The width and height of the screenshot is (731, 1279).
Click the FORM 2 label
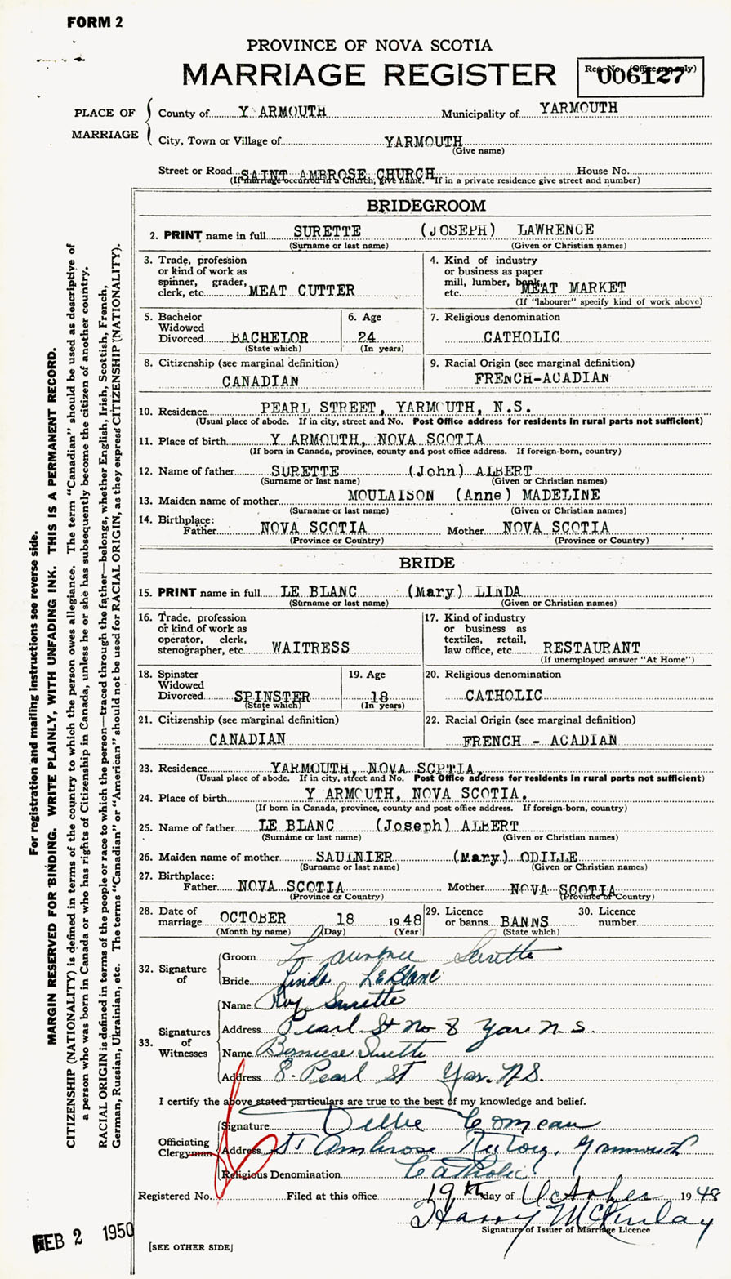[x=95, y=22]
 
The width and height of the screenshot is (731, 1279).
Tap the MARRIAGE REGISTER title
[x=368, y=74]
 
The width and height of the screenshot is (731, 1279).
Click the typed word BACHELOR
[x=270, y=336]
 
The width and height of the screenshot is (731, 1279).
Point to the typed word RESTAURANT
[x=591, y=646]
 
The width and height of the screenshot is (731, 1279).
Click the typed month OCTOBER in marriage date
[x=252, y=918]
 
